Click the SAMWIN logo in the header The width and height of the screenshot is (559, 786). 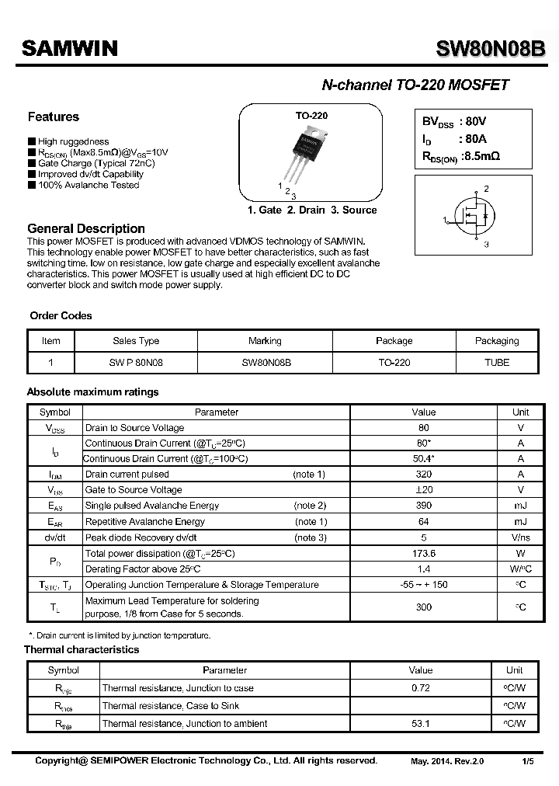click(69, 49)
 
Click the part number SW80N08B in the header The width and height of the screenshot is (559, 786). click(490, 49)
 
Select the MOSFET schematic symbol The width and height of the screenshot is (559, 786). click(474, 220)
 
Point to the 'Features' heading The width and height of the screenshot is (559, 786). click(54, 117)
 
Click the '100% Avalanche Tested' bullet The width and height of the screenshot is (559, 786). click(88, 185)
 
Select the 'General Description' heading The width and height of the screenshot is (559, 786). click(86, 228)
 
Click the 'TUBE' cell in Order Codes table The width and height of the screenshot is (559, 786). click(496, 363)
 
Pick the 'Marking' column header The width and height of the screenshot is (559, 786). click(265, 341)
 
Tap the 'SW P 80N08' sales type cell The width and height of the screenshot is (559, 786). click(136, 363)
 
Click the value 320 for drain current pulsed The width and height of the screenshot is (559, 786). click(424, 475)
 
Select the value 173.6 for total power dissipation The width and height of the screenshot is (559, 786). click(424, 554)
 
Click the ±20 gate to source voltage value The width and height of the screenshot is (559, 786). click(424, 490)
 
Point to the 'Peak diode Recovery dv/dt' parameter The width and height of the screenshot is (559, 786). click(141, 537)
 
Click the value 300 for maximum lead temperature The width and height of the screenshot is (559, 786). click(424, 607)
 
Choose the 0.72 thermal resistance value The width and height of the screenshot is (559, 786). click(421, 688)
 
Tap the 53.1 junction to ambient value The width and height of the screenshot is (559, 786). click(421, 724)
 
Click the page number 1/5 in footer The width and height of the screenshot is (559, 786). click(528, 761)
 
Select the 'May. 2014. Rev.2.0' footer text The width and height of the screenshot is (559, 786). click(447, 761)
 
